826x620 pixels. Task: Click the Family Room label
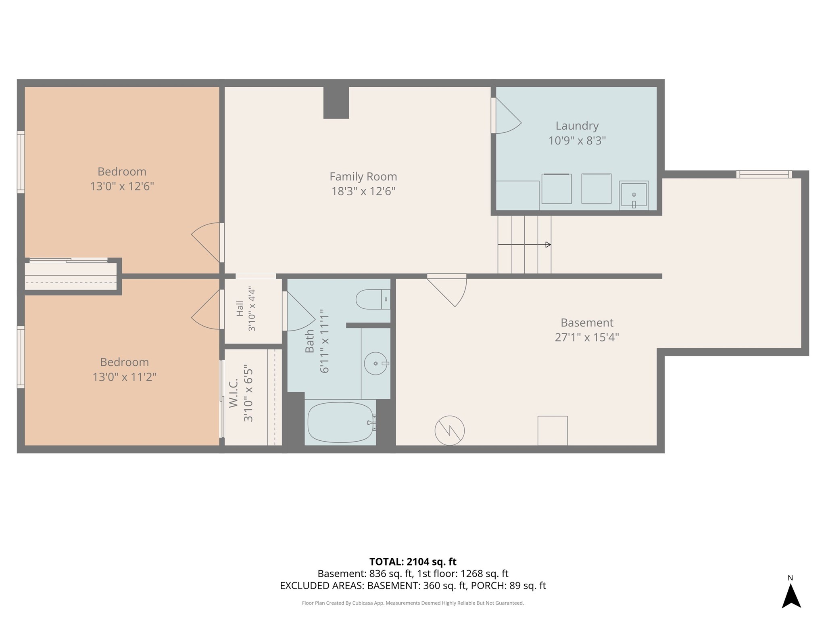click(363, 176)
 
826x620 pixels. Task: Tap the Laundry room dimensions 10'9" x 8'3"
click(577, 140)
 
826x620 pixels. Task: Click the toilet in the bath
click(373, 299)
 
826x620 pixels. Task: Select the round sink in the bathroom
click(375, 363)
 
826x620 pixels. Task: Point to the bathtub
click(340, 423)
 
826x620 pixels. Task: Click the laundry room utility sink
click(634, 195)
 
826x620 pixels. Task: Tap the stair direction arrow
click(524, 245)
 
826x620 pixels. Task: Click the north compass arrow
click(791, 596)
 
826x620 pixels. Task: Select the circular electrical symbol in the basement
click(449, 431)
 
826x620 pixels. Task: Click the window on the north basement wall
click(764, 174)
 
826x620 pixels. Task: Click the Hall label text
click(240, 308)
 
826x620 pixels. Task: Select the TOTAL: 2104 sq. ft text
click(413, 561)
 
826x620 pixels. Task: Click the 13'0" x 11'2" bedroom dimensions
click(124, 377)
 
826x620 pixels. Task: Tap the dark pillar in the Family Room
click(336, 103)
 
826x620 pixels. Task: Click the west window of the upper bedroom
click(21, 162)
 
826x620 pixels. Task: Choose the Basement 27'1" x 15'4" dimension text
click(587, 337)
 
